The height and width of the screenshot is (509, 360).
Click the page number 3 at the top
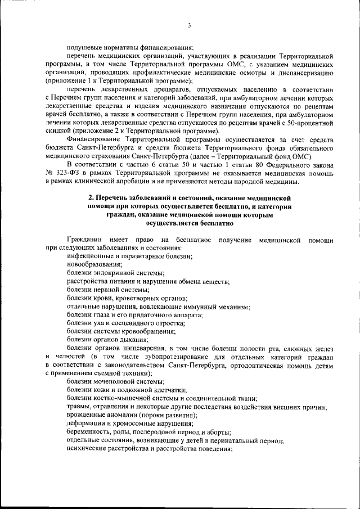(x=190, y=25)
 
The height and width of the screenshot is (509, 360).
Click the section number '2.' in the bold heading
(x=92, y=199)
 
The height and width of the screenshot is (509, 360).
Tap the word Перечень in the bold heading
(x=113, y=199)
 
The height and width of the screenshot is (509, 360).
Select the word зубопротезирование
(x=170, y=357)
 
